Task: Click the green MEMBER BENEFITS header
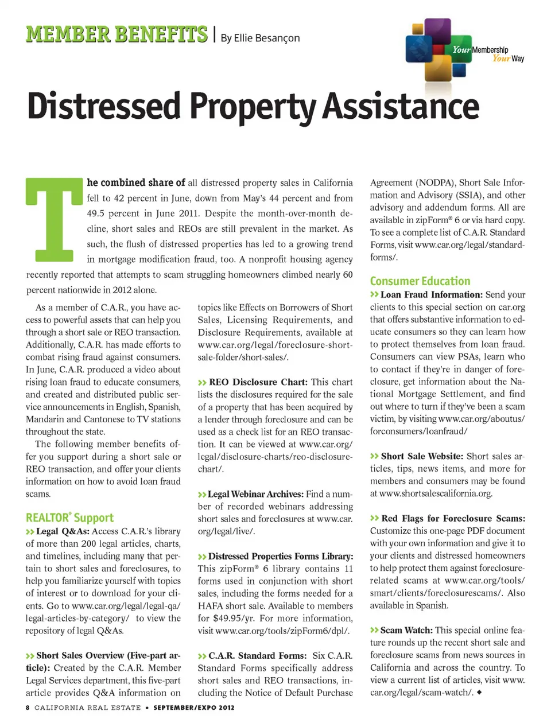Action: [x=117, y=34]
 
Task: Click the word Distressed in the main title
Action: [x=104, y=107]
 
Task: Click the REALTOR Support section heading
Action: [x=69, y=518]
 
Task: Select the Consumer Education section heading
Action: [x=420, y=281]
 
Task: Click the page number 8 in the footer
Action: [x=28, y=708]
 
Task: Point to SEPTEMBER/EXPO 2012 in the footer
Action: [x=193, y=708]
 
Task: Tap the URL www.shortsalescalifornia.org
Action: [x=436, y=493]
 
